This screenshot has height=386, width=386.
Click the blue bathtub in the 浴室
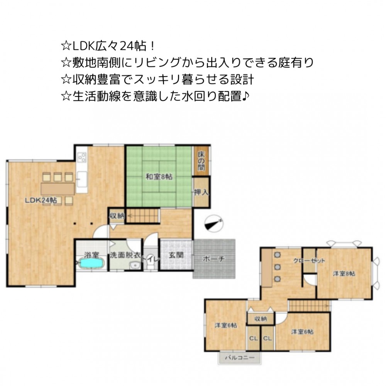coord(91,264)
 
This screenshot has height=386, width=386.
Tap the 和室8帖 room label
coord(159,177)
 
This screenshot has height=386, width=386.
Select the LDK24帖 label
coord(41,200)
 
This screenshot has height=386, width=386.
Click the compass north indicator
coord(214,223)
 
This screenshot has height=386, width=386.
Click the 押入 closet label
coord(201,192)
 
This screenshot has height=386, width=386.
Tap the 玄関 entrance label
coord(176,255)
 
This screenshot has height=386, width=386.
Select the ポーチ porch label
coord(214,259)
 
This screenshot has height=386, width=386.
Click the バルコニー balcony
coord(240,357)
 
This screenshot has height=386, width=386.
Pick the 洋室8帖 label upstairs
coord(344,274)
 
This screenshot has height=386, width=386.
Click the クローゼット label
coord(309,261)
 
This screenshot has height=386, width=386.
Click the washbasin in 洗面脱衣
coord(134,266)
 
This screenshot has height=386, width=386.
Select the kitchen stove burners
coord(82,157)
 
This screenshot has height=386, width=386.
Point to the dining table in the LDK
coord(58,189)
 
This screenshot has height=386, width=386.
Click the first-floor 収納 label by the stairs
coord(117,216)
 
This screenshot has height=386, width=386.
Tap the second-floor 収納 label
coord(261,319)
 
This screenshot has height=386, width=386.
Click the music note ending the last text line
coord(245,96)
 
